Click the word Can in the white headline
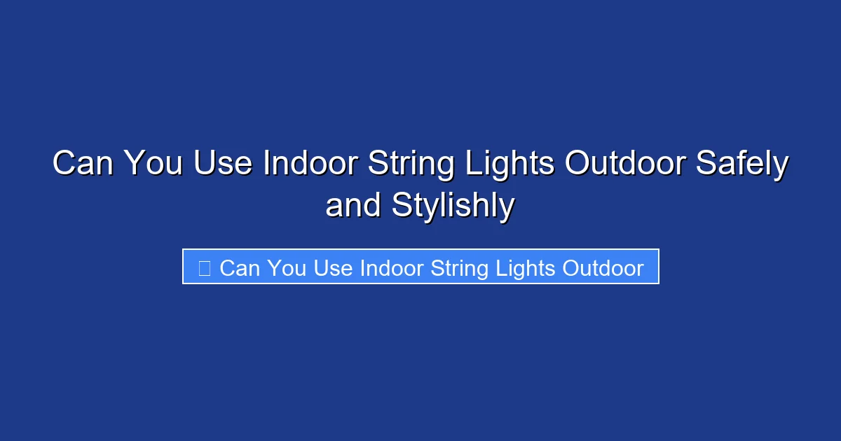point(83,164)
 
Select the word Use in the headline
point(224,164)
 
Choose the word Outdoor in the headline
point(624,164)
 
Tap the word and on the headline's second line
point(354,206)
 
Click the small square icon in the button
point(204,267)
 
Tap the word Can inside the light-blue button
point(240,268)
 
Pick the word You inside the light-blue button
point(287,268)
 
